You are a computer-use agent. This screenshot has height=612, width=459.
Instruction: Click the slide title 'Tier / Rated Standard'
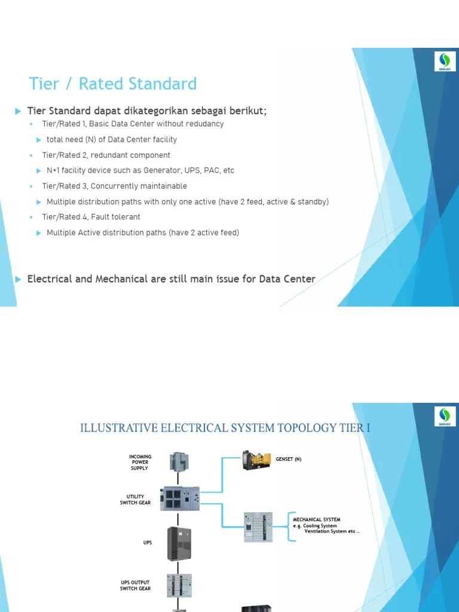[x=113, y=84]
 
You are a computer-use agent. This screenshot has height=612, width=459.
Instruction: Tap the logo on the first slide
[x=445, y=62]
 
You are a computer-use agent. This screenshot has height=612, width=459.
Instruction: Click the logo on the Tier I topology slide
[x=445, y=416]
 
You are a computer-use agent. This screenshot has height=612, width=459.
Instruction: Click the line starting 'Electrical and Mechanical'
[x=171, y=279]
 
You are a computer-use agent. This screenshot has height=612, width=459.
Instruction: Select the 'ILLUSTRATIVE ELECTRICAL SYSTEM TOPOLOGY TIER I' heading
[x=225, y=428]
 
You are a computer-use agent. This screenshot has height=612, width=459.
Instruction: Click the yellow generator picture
[x=256, y=460]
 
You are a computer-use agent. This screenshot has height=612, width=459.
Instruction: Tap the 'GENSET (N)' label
[x=289, y=460]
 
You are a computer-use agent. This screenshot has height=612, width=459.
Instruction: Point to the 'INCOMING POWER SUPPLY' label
[x=140, y=462]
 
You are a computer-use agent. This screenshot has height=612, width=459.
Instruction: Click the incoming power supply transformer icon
[x=179, y=461]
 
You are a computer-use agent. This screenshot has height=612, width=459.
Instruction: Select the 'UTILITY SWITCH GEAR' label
[x=135, y=500]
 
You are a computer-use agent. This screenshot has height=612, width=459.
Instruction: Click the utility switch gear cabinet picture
[x=180, y=498]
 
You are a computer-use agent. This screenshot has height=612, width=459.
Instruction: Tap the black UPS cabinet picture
[x=179, y=543]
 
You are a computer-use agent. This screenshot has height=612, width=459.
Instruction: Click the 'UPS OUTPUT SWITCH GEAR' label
[x=135, y=585]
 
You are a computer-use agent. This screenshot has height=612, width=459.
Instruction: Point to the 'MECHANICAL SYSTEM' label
[x=317, y=520]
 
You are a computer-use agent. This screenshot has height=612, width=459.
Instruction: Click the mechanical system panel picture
[x=258, y=527]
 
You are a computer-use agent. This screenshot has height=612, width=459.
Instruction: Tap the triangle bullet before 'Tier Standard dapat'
[x=19, y=111]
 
